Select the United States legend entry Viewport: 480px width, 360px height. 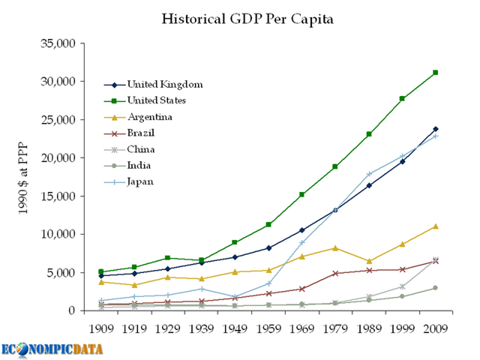click(x=155, y=100)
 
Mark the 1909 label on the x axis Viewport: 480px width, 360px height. click(x=101, y=328)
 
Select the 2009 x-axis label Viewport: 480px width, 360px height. click(x=434, y=328)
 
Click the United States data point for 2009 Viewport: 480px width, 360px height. click(x=435, y=73)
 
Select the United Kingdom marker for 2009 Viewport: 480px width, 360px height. click(x=435, y=129)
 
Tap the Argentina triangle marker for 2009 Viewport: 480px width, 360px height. click(x=435, y=226)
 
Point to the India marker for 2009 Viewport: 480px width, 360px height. click(x=435, y=288)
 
